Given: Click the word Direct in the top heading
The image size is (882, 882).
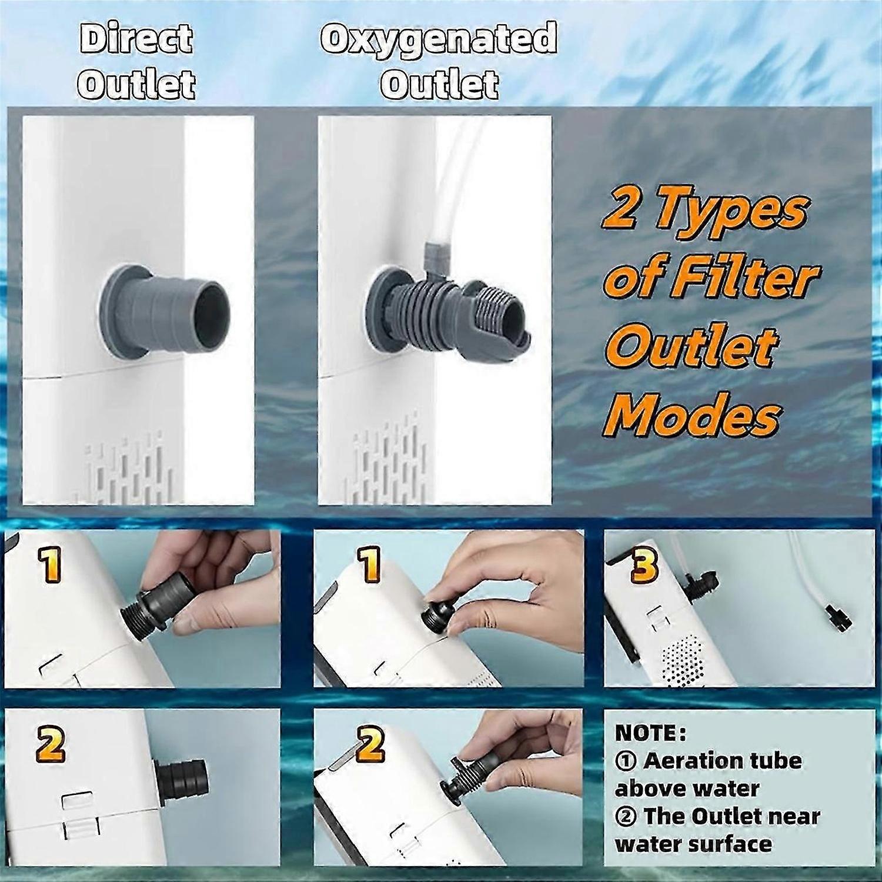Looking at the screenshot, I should pos(136,39).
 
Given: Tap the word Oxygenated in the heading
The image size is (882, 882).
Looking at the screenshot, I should pos(439,39).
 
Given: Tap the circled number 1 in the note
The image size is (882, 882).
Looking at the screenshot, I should pos(627,761).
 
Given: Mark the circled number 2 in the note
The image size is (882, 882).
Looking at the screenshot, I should pos(627,817).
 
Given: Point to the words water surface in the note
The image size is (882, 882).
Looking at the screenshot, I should pos(693,844).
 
